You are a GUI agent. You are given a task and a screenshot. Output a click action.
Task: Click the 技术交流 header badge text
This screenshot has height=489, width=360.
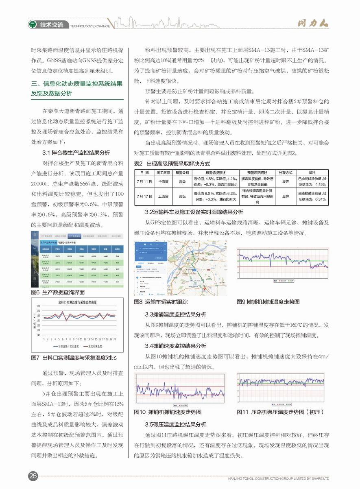click(x=52, y=25)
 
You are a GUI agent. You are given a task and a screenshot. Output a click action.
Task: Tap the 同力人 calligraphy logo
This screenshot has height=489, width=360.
click(x=311, y=24)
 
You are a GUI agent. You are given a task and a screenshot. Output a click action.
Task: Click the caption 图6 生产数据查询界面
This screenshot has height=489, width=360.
click(x=58, y=292)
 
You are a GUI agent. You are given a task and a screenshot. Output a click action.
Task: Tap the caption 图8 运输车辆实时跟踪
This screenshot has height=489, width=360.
click(x=161, y=302)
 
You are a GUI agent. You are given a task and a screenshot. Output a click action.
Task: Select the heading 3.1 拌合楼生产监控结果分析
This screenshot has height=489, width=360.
click(x=76, y=153)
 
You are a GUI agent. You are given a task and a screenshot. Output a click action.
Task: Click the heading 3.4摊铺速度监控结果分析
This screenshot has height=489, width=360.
click(x=176, y=346)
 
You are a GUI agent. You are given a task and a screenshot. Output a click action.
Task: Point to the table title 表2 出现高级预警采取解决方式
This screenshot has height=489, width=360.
click(x=172, y=164)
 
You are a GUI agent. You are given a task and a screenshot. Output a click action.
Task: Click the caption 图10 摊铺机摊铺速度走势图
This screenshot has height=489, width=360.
click(x=168, y=412)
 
